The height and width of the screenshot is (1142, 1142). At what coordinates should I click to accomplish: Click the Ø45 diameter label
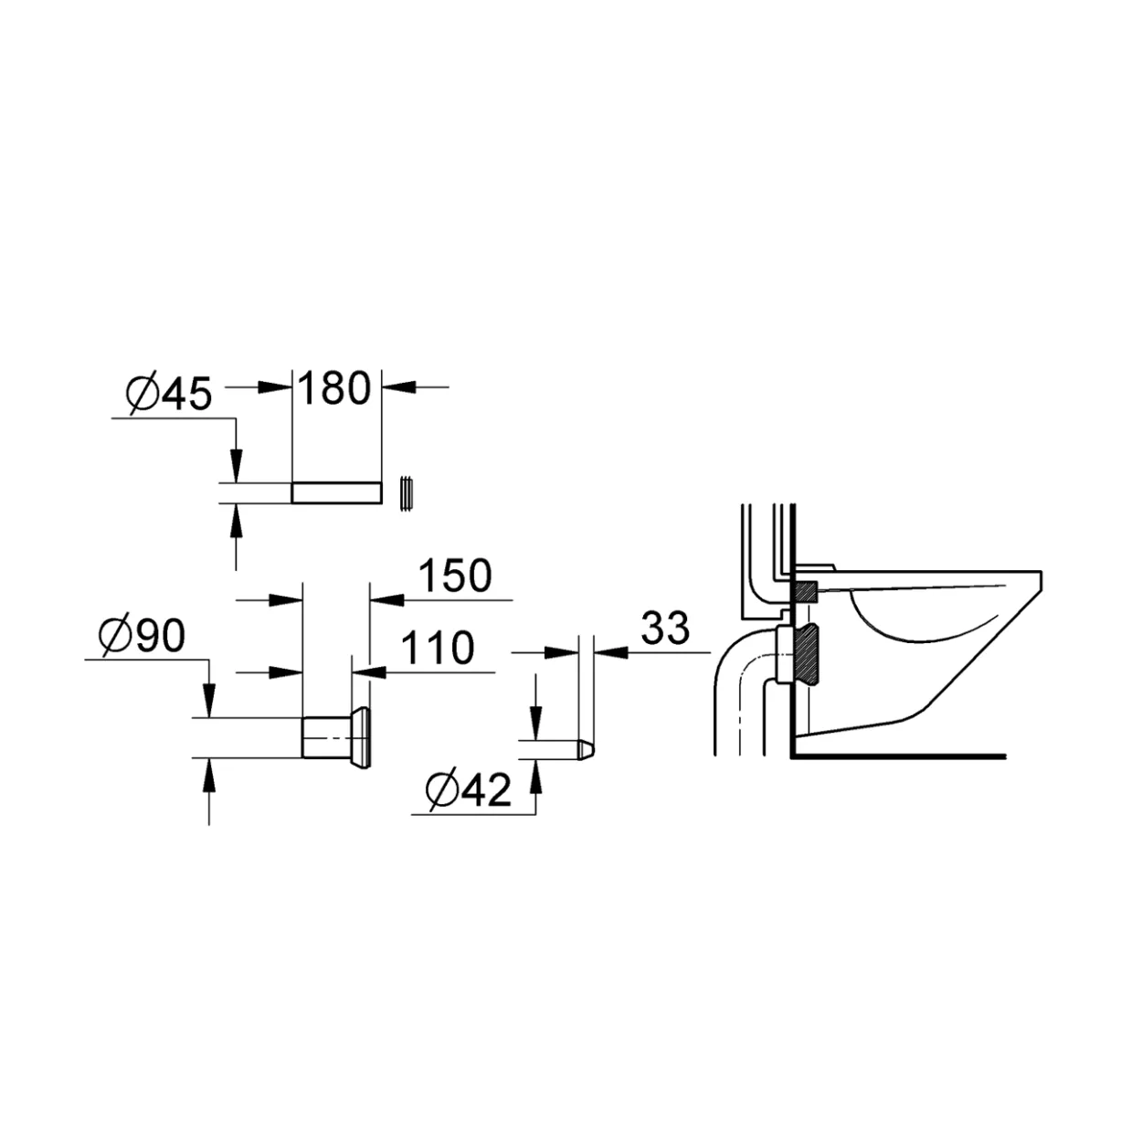click(x=169, y=393)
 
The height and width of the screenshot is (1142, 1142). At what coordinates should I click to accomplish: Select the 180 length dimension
click(x=334, y=388)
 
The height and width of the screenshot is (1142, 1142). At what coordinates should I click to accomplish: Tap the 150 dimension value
click(x=455, y=576)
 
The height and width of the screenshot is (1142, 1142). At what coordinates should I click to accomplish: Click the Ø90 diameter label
click(x=143, y=635)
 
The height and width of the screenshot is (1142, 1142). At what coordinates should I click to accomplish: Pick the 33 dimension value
click(x=665, y=628)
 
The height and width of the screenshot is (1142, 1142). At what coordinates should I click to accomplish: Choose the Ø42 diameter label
click(x=468, y=790)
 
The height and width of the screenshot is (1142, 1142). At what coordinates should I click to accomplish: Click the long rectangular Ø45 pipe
click(x=336, y=492)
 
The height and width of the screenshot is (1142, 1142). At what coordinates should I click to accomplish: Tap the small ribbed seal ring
click(x=406, y=493)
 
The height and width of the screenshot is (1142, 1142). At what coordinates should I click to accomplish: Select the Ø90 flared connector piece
click(x=336, y=738)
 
